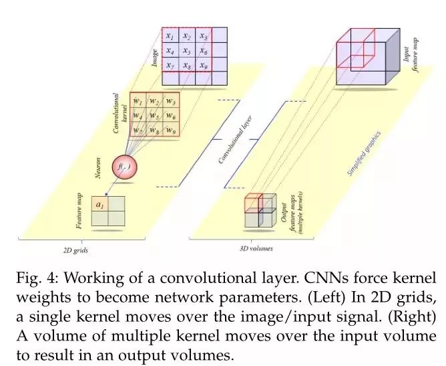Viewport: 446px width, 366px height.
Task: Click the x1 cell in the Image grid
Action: tap(170, 35)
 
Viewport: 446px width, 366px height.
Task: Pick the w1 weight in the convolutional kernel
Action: tap(137, 101)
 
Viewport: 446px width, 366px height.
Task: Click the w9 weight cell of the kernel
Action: tap(170, 131)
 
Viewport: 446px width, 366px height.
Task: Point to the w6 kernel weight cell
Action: tap(170, 116)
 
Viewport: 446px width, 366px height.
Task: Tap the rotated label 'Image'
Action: tap(155, 58)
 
